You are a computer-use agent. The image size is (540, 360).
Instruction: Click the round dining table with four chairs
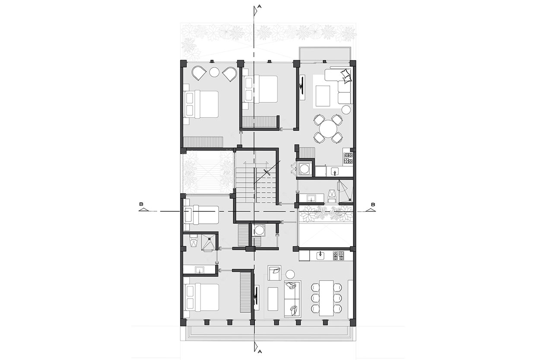pyautogui.click(x=328, y=129)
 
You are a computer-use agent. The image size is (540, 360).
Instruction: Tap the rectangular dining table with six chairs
pyautogui.click(x=327, y=298)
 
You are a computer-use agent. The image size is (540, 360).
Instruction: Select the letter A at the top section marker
pyautogui.click(x=259, y=6)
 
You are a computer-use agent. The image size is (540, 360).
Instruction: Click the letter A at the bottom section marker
pyautogui.click(x=259, y=351)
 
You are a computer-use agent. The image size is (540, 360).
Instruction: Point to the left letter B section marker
pyautogui.click(x=141, y=204)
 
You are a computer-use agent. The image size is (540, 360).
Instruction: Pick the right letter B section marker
pyautogui.click(x=373, y=204)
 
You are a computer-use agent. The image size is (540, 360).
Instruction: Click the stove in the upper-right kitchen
pyautogui.click(x=348, y=158)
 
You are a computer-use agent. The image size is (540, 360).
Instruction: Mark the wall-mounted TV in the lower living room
pyautogui.click(x=256, y=298)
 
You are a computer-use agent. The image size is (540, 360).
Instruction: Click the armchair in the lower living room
pyautogui.click(x=274, y=273)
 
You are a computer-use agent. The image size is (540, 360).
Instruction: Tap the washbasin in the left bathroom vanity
pyautogui.click(x=199, y=270)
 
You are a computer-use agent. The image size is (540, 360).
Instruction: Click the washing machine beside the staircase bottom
pyautogui.click(x=258, y=230)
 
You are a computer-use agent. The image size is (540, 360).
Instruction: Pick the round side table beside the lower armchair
pyautogui.click(x=290, y=274)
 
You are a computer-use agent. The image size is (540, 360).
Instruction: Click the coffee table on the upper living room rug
pyautogui.click(x=323, y=96)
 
